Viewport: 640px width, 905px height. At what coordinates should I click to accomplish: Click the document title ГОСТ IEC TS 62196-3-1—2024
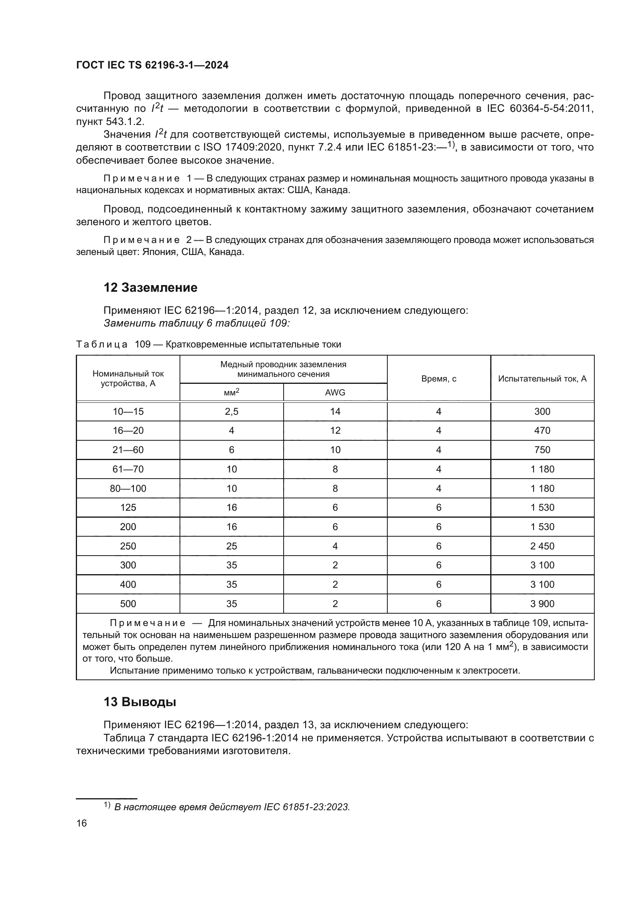pos(152,65)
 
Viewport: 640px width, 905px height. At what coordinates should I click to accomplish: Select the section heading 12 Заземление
pos(150,287)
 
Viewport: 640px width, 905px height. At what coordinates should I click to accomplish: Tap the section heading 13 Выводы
pos(140,702)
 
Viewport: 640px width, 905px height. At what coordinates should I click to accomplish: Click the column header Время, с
pos(439,378)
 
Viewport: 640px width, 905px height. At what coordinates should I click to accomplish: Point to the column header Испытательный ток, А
pos(542,378)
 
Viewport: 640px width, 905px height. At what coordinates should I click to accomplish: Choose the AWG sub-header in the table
pos(335,392)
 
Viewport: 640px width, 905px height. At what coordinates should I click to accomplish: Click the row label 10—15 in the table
pos(128,412)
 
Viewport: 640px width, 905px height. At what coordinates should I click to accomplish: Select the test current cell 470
pos(542,430)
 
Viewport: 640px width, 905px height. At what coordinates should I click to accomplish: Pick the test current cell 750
pos(542,450)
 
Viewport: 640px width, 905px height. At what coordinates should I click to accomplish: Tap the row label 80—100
pos(128,488)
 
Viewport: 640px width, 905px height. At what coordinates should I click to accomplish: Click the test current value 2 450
pos(542,546)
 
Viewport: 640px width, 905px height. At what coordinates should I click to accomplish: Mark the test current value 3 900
pos(542,604)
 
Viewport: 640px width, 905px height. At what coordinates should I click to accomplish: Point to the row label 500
pos(128,604)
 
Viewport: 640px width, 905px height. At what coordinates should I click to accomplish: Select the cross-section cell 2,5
pos(232,412)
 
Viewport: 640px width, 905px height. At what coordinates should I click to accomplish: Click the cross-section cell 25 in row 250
pos(232,546)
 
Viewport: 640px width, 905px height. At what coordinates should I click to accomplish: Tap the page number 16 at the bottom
pos(82,823)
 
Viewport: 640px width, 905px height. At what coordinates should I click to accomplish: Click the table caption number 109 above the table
pos(143,344)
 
